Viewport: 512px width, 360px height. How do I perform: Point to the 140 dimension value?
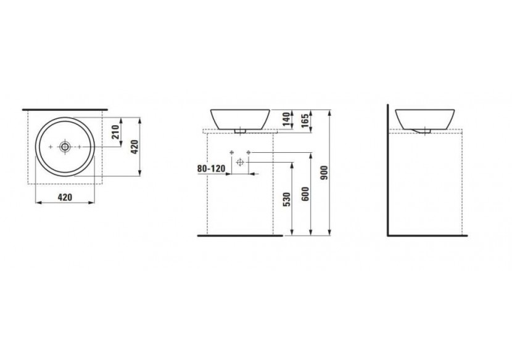coord(285,120)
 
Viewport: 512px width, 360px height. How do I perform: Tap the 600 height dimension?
coord(305,195)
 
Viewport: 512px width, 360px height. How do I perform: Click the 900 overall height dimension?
coord(324,175)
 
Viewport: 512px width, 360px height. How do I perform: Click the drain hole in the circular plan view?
coord(65,147)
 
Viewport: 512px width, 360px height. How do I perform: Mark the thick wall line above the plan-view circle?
coord(65,109)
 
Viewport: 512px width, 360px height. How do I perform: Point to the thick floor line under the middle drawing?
coord(234,235)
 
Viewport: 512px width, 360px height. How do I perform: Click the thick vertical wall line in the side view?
coord(387,173)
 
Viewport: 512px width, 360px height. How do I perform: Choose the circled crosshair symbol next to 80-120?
coord(241,162)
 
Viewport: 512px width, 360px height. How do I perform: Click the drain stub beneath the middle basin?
coord(241,131)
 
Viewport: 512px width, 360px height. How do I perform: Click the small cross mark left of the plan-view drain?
coord(51,147)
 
